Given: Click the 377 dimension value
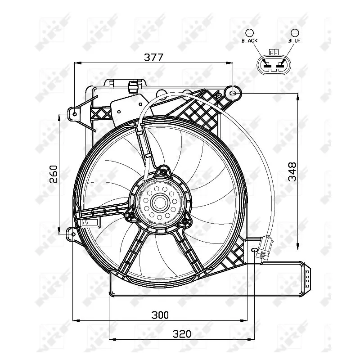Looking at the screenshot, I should pyautogui.click(x=153, y=57).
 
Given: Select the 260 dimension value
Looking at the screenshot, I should pyautogui.click(x=53, y=173).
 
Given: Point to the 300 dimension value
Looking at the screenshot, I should pyautogui.click(x=160, y=315).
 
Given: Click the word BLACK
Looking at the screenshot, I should pyautogui.click(x=249, y=40).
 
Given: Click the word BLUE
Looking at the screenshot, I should pyautogui.click(x=295, y=40).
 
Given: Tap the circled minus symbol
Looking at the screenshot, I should pyautogui.click(x=249, y=32).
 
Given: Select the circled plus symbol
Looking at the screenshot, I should pyautogui.click(x=295, y=32).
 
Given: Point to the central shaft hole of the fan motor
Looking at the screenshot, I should pyautogui.click(x=159, y=202).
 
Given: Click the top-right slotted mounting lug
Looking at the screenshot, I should pyautogui.click(x=234, y=93).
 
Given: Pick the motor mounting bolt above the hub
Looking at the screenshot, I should pyautogui.click(x=163, y=171).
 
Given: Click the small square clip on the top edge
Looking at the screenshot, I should pyautogui.click(x=133, y=86).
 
